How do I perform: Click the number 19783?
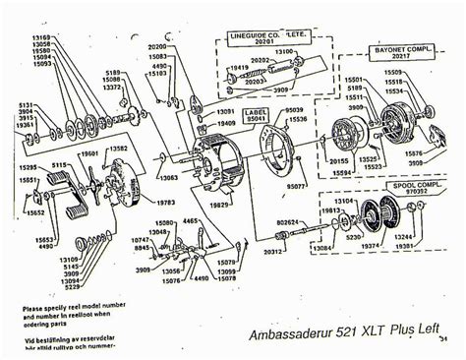coord(165,203)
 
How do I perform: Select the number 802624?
coord(288,222)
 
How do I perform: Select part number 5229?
coord(44,287)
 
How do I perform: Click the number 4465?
coord(191,223)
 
